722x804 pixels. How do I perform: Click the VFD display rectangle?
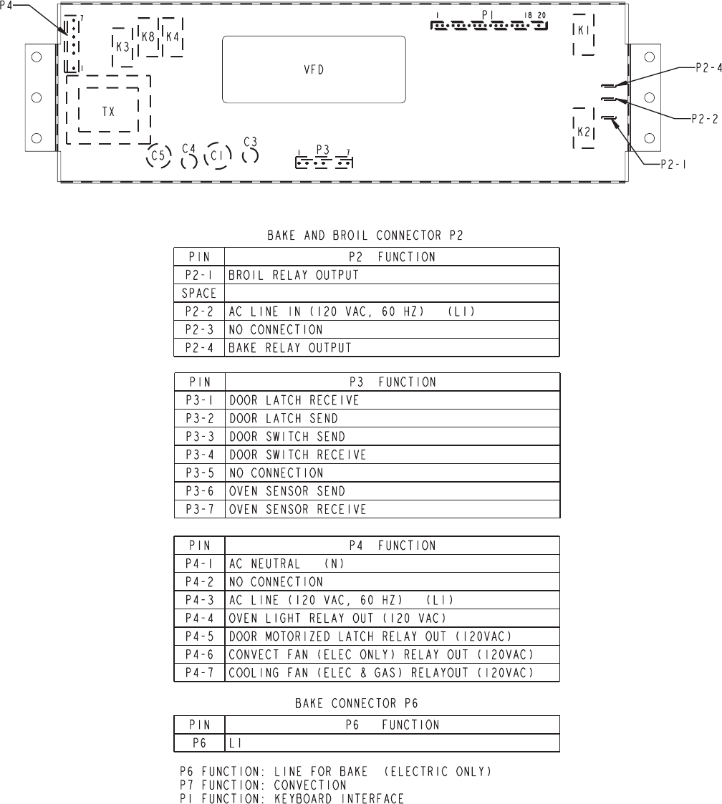pyautogui.click(x=314, y=69)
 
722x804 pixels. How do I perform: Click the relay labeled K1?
pyautogui.click(x=583, y=31)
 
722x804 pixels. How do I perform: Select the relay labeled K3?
pyautogui.click(x=122, y=47)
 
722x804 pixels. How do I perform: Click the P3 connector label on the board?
pyautogui.click(x=322, y=150)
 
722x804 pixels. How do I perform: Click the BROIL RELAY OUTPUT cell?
pyautogui.click(x=391, y=274)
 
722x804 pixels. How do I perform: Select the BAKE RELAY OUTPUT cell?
pyautogui.click(x=391, y=348)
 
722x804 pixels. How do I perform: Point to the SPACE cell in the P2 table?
pyautogui.click(x=198, y=293)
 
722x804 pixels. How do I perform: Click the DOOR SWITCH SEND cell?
pyautogui.click(x=391, y=436)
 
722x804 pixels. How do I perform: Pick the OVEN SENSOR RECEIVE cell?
pyautogui.click(x=391, y=509)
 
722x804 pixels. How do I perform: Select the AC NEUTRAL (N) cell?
pyautogui.click(x=391, y=563)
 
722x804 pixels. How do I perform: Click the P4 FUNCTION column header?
pyautogui.click(x=391, y=545)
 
